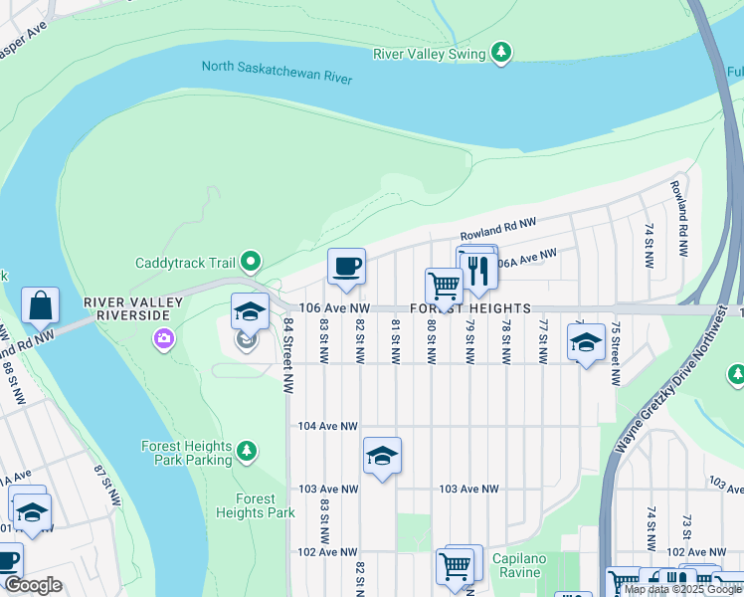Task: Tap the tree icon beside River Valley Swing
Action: coord(502,51)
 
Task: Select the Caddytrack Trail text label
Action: coord(185,263)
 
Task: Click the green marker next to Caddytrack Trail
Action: coord(252,263)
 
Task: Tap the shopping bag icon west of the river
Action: coord(40,305)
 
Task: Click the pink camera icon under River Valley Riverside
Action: coord(162,340)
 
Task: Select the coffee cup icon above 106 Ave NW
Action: coord(346,267)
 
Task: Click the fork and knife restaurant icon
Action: coord(479,272)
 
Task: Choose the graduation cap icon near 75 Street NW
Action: coord(587,342)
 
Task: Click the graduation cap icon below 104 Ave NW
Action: coord(382,456)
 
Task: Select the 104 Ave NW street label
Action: coord(327,426)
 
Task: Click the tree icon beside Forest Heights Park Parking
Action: coord(248,454)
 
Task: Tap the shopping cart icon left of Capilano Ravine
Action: coord(456,567)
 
